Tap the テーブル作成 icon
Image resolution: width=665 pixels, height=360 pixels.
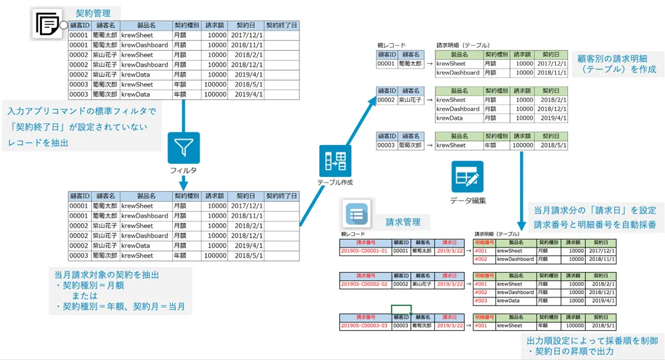334,161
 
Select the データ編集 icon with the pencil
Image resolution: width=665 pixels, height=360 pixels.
467,177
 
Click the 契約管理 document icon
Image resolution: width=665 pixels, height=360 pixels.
48,25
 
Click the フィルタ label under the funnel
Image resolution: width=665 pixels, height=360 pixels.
183,170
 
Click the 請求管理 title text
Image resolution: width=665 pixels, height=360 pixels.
404,221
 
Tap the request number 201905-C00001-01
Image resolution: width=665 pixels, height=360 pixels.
364,251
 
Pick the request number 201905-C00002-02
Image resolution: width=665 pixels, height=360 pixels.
364,284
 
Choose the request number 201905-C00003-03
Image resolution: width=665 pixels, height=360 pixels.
364,325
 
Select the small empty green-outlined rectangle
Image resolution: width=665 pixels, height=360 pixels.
401,309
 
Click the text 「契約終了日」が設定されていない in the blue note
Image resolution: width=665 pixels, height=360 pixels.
76,126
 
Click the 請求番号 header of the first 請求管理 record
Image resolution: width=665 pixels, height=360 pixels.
364,242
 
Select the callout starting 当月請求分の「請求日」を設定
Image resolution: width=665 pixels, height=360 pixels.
595,217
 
